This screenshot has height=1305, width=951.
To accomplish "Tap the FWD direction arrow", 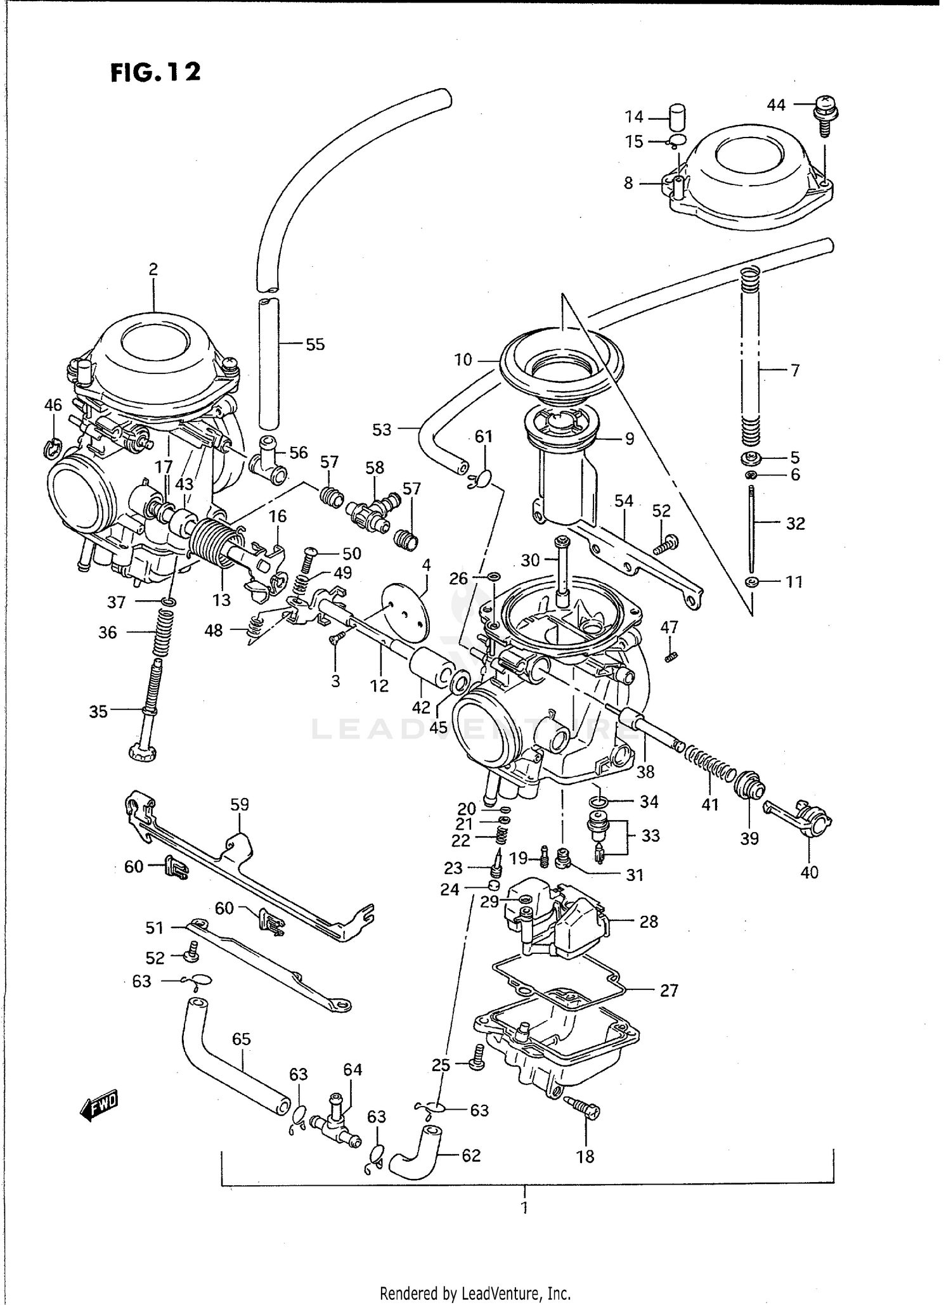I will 99,1106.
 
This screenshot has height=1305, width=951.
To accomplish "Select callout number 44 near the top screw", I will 776,105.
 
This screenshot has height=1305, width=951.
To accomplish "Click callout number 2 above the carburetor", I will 153,269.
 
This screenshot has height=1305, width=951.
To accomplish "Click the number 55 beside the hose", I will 315,344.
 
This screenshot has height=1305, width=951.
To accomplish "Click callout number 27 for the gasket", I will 669,990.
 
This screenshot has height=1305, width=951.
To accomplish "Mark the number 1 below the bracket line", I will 524,1207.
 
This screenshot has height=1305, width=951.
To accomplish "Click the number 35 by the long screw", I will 98,711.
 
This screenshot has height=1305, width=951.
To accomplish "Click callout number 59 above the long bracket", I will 239,804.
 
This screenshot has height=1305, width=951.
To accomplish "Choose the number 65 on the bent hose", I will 241,1039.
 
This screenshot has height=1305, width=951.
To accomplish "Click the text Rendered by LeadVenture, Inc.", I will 475,1292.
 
